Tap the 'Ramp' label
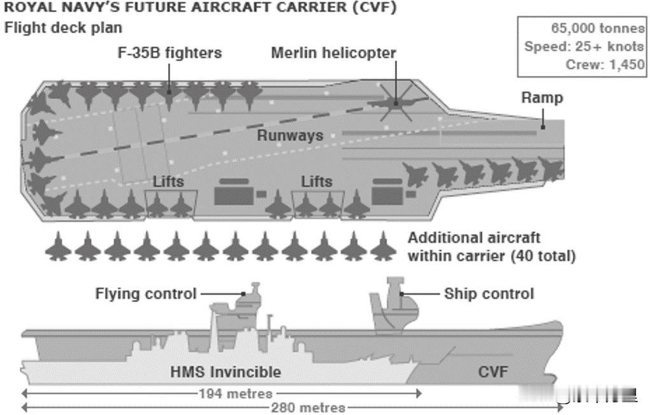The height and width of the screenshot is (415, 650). click(542, 98)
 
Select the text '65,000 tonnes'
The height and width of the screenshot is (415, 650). click(598, 28)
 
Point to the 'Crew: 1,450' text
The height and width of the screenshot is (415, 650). click(605, 64)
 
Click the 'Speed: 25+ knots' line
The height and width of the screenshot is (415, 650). click(584, 47)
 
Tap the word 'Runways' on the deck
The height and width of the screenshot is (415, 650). click(290, 136)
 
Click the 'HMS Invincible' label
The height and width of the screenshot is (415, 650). click(226, 372)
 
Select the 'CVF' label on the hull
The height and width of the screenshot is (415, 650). click(493, 372)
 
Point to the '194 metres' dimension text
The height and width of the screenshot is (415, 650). click(235, 393)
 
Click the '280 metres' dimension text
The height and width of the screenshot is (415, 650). click(308, 408)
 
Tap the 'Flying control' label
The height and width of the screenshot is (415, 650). click(145, 293)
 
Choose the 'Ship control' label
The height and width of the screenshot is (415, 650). click(489, 293)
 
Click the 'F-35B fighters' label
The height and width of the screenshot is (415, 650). click(170, 53)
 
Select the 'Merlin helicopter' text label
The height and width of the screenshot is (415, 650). click(334, 53)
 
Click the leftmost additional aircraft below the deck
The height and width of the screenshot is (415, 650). click(58, 247)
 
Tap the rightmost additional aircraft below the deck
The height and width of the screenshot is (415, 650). click(383, 247)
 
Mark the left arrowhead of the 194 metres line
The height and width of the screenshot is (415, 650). click(25, 393)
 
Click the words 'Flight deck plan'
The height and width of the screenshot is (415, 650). click(63, 28)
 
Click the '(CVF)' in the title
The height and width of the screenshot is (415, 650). click(375, 7)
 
